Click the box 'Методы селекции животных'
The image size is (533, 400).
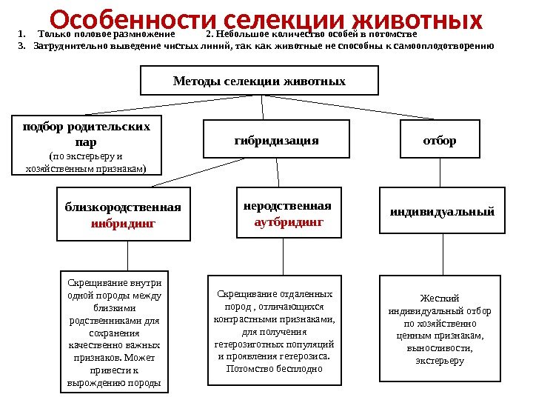coord(259,80)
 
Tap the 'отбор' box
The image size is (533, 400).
coord(440,140)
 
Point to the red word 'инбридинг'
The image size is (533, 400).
coord(123,221)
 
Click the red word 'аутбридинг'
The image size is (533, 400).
coord(289,221)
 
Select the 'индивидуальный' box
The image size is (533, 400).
coord(442,211)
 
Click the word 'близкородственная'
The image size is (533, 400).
coord(123,207)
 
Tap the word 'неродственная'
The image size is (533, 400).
coord(288,205)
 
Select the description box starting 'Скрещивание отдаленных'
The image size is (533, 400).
coord(275,330)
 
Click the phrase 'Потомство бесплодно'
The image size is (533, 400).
coord(275,368)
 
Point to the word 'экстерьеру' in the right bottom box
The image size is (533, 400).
coord(440,361)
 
